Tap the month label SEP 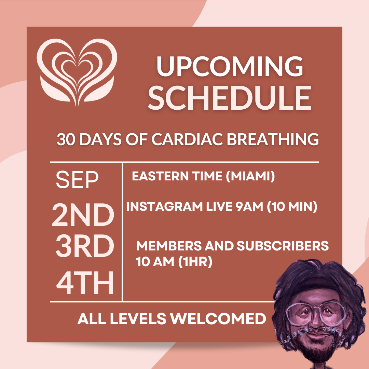pos(77,180)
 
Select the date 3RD pos(84,247)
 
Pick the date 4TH pos(85,283)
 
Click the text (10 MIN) pos(292,207)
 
